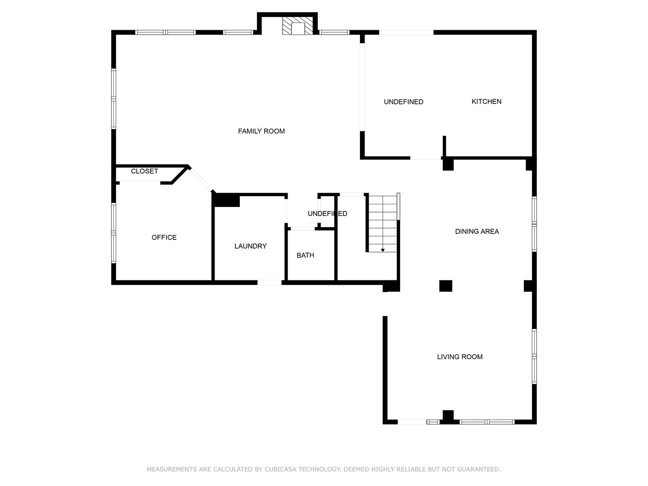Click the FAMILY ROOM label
point(261,131)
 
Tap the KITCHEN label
point(486,102)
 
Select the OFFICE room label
point(164,237)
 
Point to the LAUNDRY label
point(250,246)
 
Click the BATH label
point(305,255)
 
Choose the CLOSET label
point(144,171)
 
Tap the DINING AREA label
point(477,231)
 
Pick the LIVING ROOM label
point(459,357)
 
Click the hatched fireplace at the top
point(297,26)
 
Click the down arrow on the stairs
point(382,250)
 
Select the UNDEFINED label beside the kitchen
point(403,102)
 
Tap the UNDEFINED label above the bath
point(327,214)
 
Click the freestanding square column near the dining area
point(445,286)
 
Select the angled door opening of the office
point(201,180)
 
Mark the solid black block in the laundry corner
point(227,200)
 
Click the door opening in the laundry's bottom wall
point(269,283)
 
